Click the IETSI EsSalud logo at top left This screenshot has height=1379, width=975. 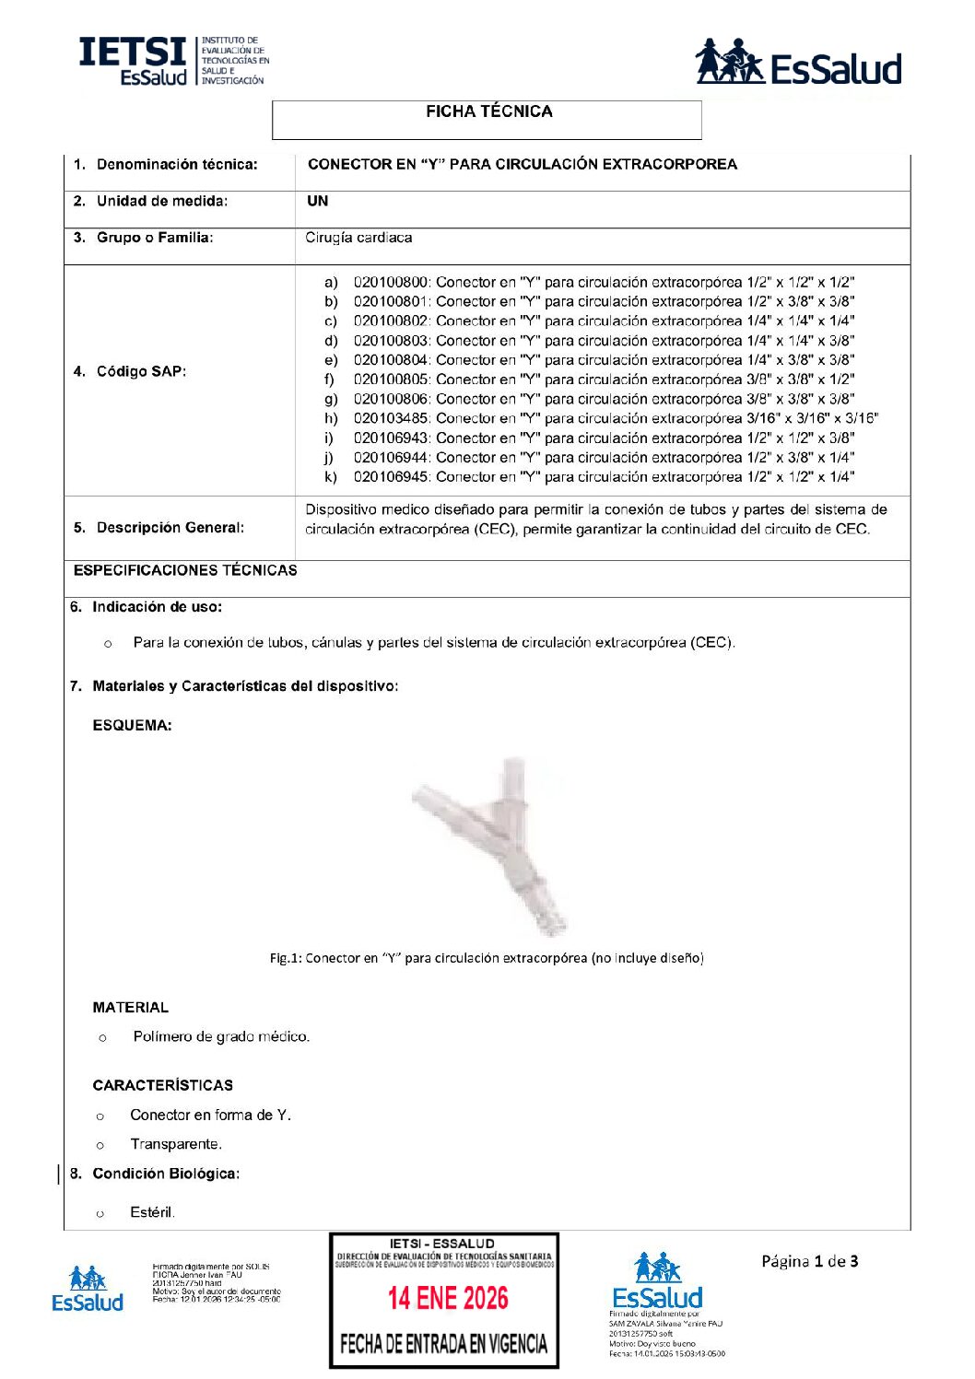point(173,62)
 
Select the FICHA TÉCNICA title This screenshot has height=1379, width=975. point(488,111)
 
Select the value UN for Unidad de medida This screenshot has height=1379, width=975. point(317,201)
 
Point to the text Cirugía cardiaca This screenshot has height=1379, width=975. point(358,238)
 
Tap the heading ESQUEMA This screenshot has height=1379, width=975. point(132,726)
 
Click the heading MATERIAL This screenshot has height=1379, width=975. point(130,1008)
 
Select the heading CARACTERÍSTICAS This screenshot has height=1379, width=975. point(162,1085)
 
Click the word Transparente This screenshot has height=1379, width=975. point(175,1144)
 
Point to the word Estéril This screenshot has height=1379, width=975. point(152,1212)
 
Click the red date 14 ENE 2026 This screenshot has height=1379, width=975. point(448,1298)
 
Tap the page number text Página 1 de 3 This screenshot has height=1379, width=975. point(809,1261)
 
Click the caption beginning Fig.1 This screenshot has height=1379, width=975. point(486,958)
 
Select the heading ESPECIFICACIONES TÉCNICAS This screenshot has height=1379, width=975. point(185,570)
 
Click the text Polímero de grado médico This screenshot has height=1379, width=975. point(221,1036)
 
